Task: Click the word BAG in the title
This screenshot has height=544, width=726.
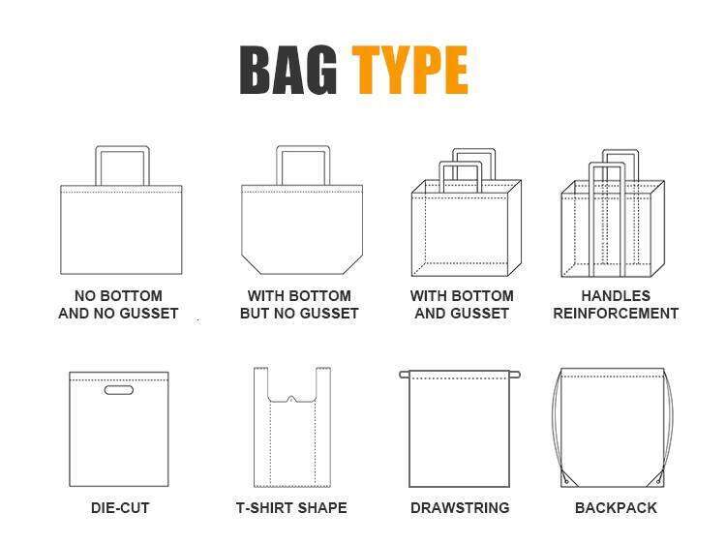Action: [288, 71]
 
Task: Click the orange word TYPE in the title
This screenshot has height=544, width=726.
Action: [410, 71]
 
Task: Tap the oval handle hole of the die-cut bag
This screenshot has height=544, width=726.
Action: [119, 390]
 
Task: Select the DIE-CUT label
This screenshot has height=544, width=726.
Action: [120, 508]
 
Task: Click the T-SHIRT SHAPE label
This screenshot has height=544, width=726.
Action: [291, 508]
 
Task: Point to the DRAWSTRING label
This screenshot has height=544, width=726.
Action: [460, 508]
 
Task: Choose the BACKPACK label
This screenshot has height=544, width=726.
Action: [616, 508]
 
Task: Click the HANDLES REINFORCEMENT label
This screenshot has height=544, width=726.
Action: [616, 305]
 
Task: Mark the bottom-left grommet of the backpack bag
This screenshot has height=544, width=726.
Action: [566, 481]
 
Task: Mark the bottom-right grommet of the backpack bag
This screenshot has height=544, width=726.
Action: [659, 481]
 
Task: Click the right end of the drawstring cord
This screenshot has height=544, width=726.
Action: [516, 375]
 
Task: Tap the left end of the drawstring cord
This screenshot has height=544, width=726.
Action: [404, 375]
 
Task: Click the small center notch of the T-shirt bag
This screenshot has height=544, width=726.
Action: [291, 398]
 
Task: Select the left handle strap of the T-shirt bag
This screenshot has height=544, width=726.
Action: [261, 383]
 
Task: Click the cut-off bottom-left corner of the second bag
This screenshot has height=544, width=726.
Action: [250, 264]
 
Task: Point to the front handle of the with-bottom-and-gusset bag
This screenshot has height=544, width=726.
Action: [461, 164]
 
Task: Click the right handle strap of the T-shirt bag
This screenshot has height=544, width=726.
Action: [323, 383]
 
